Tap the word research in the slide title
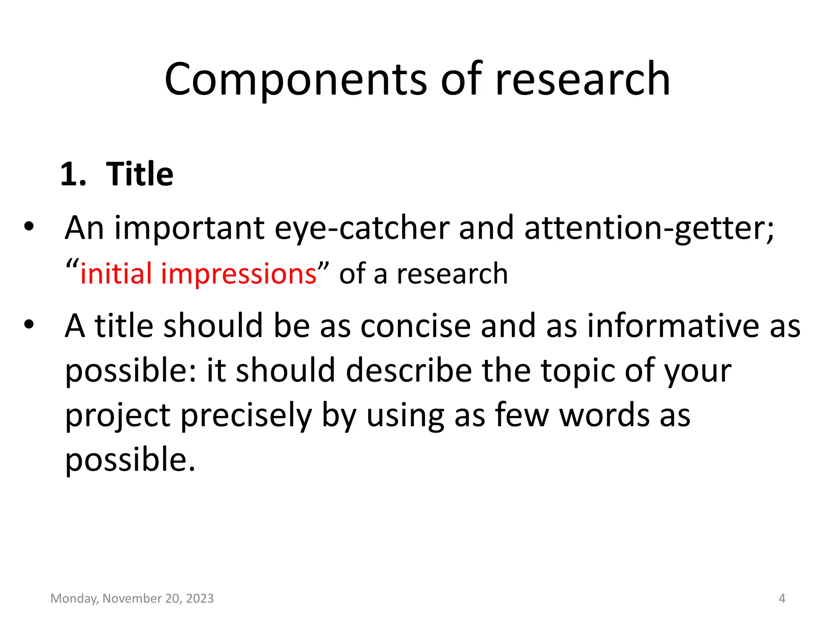click(x=583, y=80)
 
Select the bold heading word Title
click(x=140, y=174)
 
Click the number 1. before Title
click(x=73, y=174)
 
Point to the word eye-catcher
click(x=362, y=229)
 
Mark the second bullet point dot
click(x=29, y=325)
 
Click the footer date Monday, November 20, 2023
click(x=132, y=598)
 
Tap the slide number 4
click(x=782, y=598)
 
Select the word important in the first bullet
click(x=189, y=229)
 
